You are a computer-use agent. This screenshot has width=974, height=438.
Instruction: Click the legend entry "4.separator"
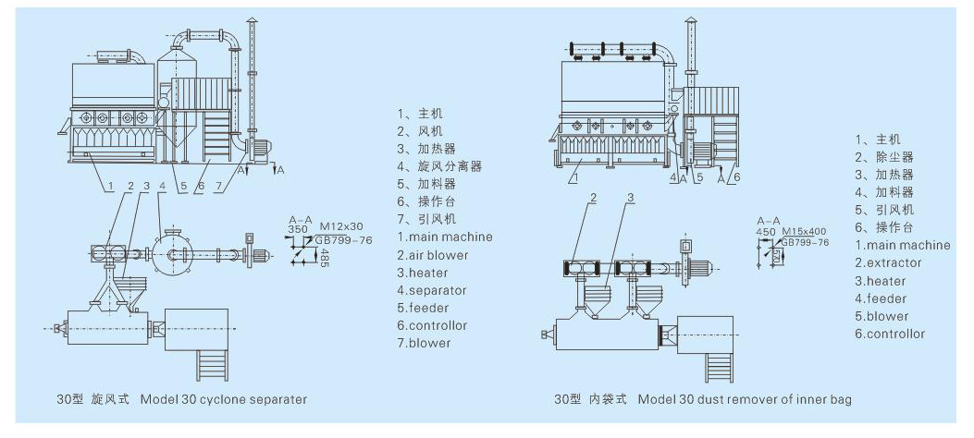(432, 290)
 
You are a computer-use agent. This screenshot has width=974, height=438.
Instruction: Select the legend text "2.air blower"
(433, 255)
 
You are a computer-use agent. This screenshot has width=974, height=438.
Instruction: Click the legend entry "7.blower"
(425, 343)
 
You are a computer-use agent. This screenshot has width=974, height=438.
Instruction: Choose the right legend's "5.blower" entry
(882, 316)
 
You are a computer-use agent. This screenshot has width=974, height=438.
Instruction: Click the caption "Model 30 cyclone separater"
(224, 399)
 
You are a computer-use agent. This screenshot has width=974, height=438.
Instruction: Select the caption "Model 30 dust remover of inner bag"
(745, 399)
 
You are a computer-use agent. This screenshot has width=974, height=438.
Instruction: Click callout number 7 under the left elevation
(218, 185)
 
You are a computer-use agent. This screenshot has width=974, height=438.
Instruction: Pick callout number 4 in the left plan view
(162, 185)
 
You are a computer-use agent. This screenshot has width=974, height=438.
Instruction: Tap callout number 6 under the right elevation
(736, 176)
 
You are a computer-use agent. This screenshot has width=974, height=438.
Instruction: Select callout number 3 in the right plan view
(630, 198)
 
